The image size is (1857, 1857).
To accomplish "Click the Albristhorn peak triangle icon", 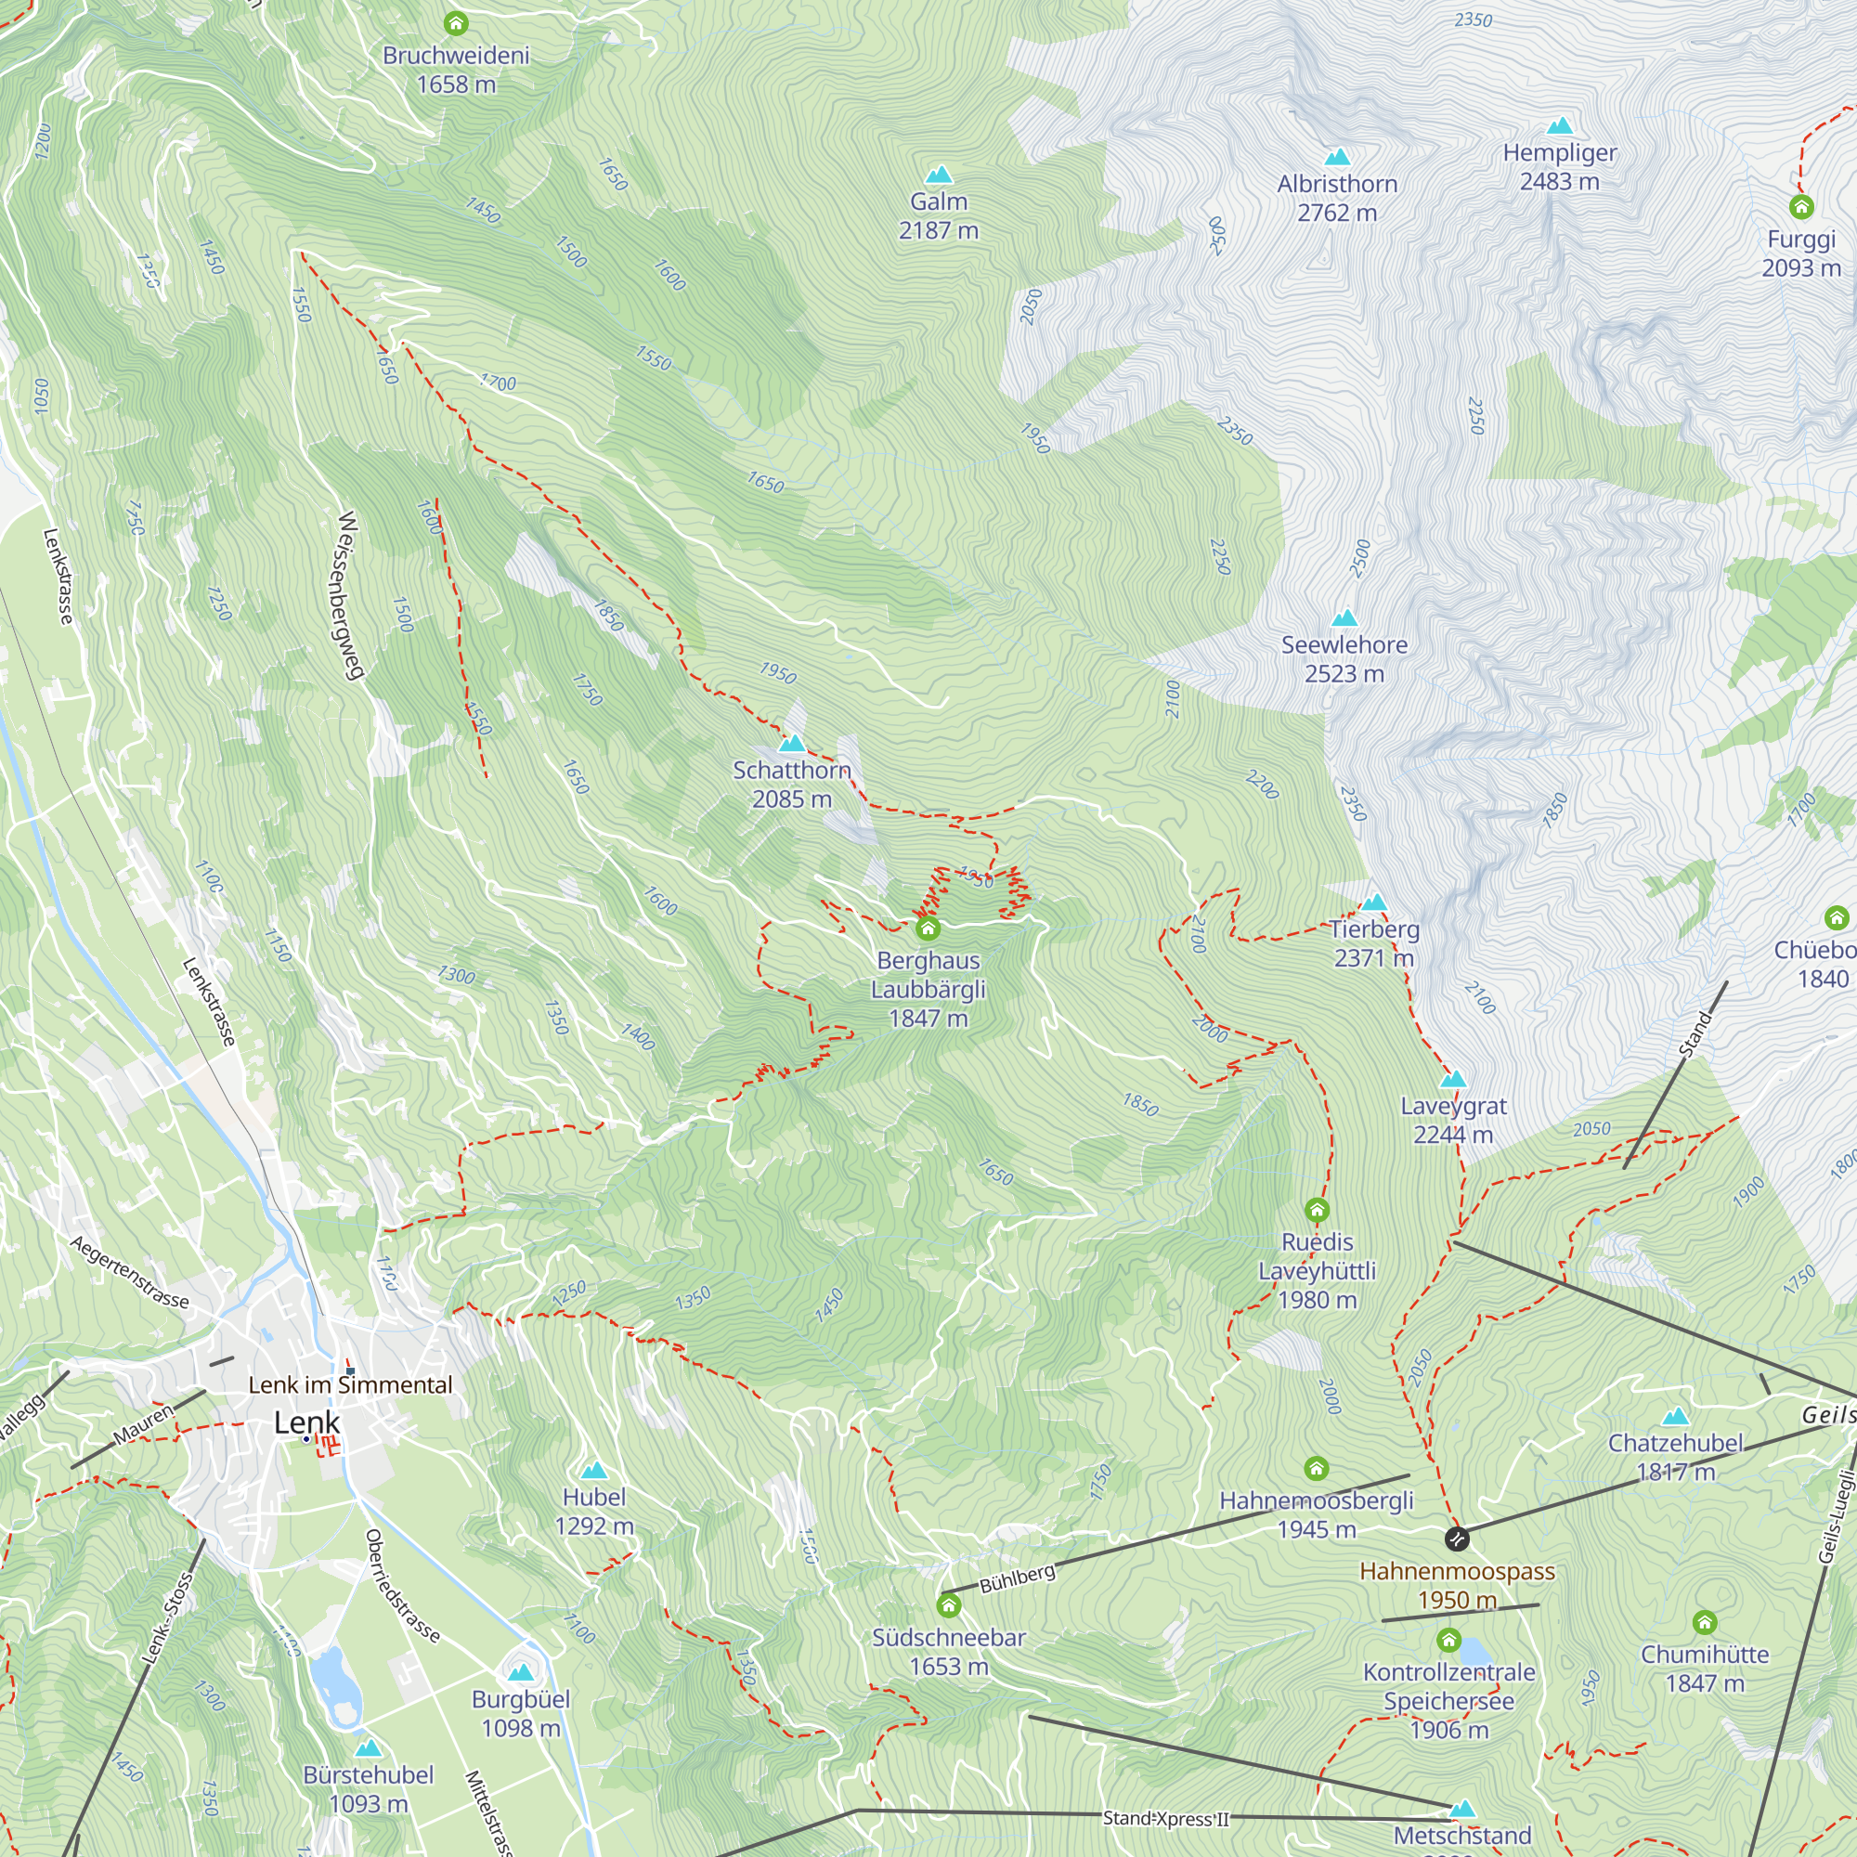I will (x=1337, y=157).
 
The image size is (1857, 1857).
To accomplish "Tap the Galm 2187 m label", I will (x=938, y=216).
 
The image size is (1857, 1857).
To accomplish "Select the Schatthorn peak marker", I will (x=792, y=743).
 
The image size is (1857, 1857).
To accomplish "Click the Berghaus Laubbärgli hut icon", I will (x=928, y=928).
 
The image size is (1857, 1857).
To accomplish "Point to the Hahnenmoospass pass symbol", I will (x=1457, y=1539).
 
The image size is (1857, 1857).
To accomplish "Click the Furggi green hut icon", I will (x=1801, y=207).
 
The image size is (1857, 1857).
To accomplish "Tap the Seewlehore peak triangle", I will (x=1344, y=617).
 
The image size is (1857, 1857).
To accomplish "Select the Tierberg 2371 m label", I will (x=1373, y=943).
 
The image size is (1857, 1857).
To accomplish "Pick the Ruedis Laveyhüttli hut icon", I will (x=1317, y=1209).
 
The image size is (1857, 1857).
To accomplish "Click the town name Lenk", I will (x=306, y=1422).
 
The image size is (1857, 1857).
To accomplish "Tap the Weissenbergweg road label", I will (x=350, y=596).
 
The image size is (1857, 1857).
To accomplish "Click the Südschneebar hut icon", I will (x=949, y=1605).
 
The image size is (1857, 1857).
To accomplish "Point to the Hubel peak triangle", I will (x=594, y=1470).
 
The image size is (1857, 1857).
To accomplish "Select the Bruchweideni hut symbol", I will (x=456, y=23).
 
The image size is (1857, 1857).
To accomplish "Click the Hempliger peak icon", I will (x=1559, y=126).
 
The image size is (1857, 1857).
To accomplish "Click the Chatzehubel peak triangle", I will (x=1675, y=1416).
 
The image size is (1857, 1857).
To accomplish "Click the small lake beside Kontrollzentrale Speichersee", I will (x=1474, y=1651).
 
